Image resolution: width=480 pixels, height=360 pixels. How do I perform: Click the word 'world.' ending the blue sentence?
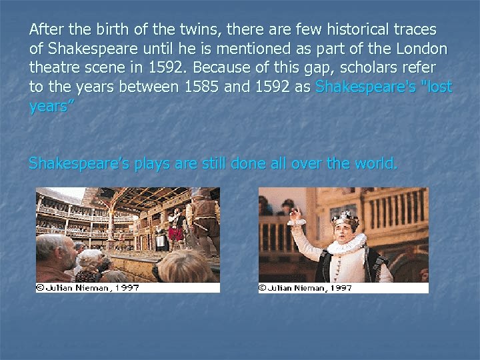[x=376, y=163]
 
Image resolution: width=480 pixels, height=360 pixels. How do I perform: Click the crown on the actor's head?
[x=345, y=218]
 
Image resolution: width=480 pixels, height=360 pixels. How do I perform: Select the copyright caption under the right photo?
[x=306, y=288]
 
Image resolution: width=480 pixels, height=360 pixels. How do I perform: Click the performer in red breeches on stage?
[x=175, y=230]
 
